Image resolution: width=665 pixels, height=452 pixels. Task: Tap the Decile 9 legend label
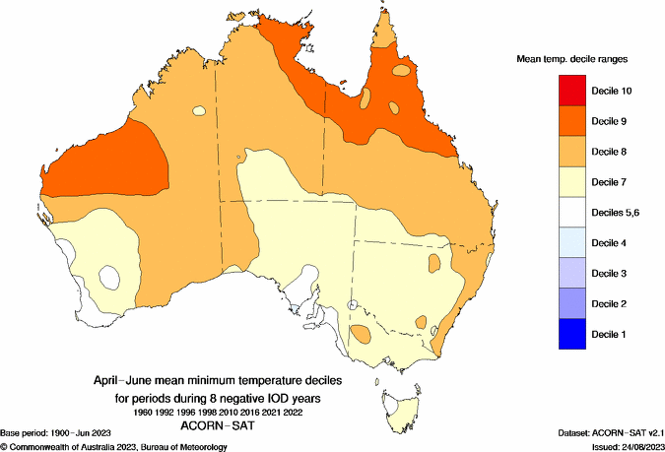point(613,121)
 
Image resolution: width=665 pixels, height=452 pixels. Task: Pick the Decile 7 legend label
point(613,182)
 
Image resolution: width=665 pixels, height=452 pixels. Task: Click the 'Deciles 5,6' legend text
point(618,213)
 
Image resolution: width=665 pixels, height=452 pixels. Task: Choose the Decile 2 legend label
point(613,303)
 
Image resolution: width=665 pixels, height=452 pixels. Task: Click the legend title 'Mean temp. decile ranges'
point(572,59)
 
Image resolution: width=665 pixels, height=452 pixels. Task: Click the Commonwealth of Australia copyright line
point(114,446)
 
